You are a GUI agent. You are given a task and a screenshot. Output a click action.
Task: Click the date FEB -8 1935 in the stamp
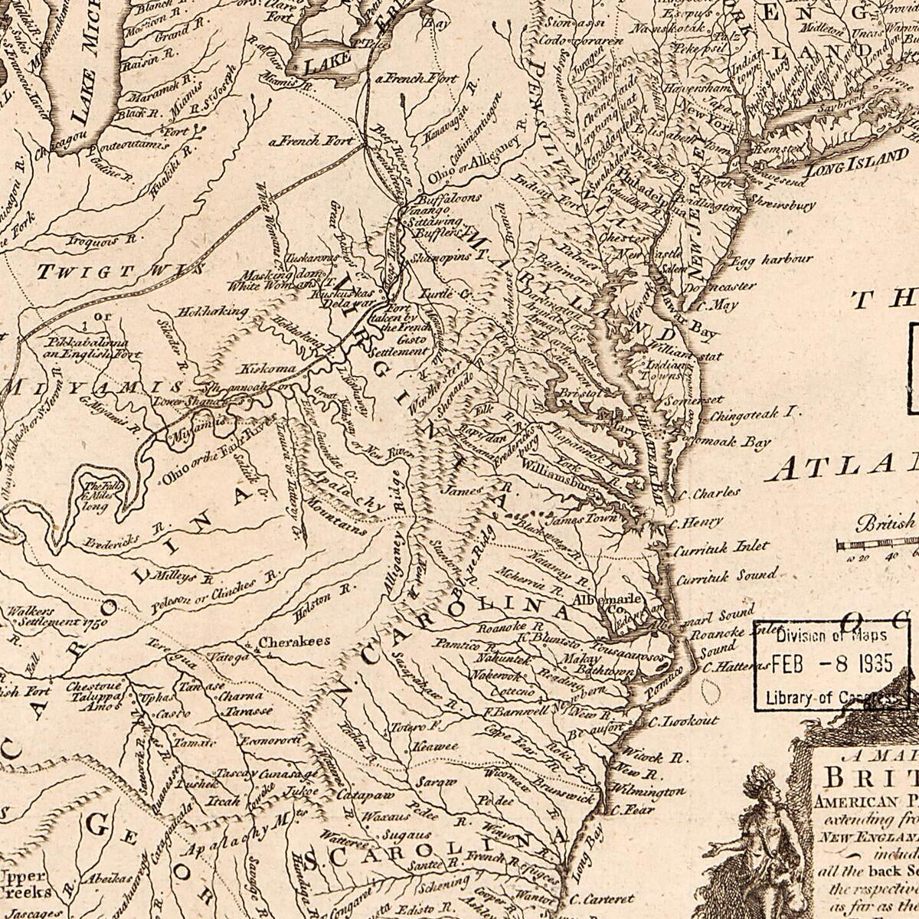coord(832,663)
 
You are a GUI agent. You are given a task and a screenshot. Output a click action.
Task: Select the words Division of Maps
coord(832,635)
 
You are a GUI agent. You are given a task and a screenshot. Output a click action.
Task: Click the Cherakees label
coord(294,642)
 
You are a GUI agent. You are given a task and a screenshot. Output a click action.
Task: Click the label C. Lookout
coord(683,721)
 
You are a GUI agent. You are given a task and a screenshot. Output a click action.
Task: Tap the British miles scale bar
coord(877,545)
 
